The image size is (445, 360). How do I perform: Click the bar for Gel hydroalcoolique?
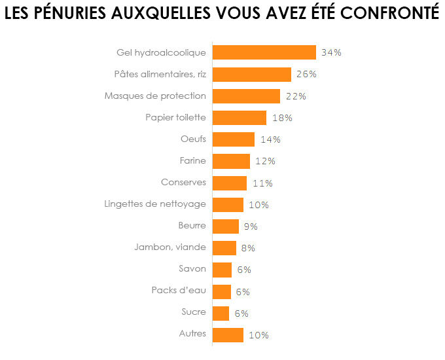264,52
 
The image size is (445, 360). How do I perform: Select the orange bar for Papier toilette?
240,118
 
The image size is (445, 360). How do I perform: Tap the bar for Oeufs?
234,139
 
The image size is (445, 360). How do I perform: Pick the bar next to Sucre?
221,313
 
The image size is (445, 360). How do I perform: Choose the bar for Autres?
228,334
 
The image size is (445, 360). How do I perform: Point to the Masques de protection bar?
246,96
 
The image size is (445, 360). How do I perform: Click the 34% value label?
331,52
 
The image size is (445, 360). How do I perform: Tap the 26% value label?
306,75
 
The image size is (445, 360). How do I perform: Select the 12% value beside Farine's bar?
265,161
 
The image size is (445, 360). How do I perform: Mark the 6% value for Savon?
243,270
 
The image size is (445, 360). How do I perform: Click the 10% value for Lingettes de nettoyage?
258,205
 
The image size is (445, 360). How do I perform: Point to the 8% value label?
247,248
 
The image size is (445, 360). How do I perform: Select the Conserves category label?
183,182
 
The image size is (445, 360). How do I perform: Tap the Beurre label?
192,225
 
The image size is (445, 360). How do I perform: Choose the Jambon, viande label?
170,247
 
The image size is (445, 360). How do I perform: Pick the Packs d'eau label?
179,291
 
